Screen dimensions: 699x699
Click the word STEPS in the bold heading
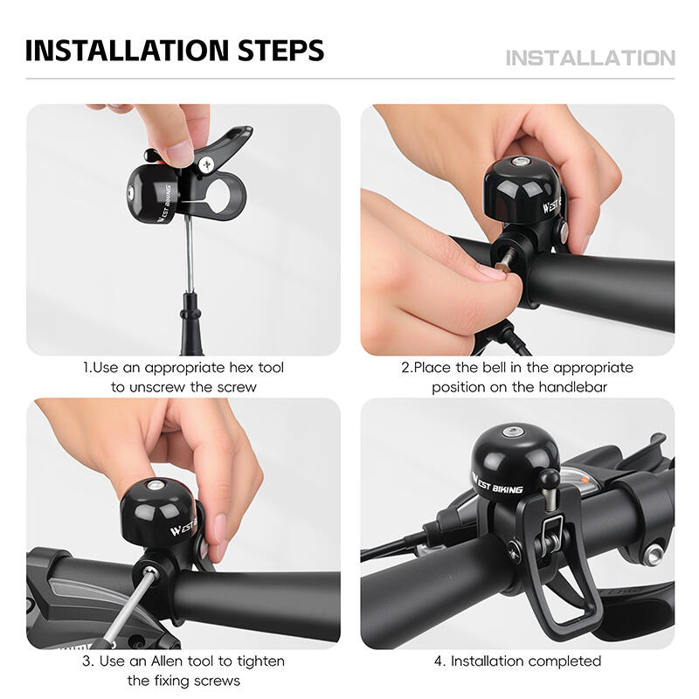click(280, 50)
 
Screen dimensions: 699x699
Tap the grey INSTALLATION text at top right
click(591, 58)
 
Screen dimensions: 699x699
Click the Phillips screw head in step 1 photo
click(207, 165)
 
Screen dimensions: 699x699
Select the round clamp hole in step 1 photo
click(220, 196)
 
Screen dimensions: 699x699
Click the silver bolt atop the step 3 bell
click(155, 485)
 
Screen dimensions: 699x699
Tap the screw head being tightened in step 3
click(149, 573)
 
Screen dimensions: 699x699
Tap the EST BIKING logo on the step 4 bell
click(497, 485)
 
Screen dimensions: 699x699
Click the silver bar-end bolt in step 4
click(654, 555)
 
